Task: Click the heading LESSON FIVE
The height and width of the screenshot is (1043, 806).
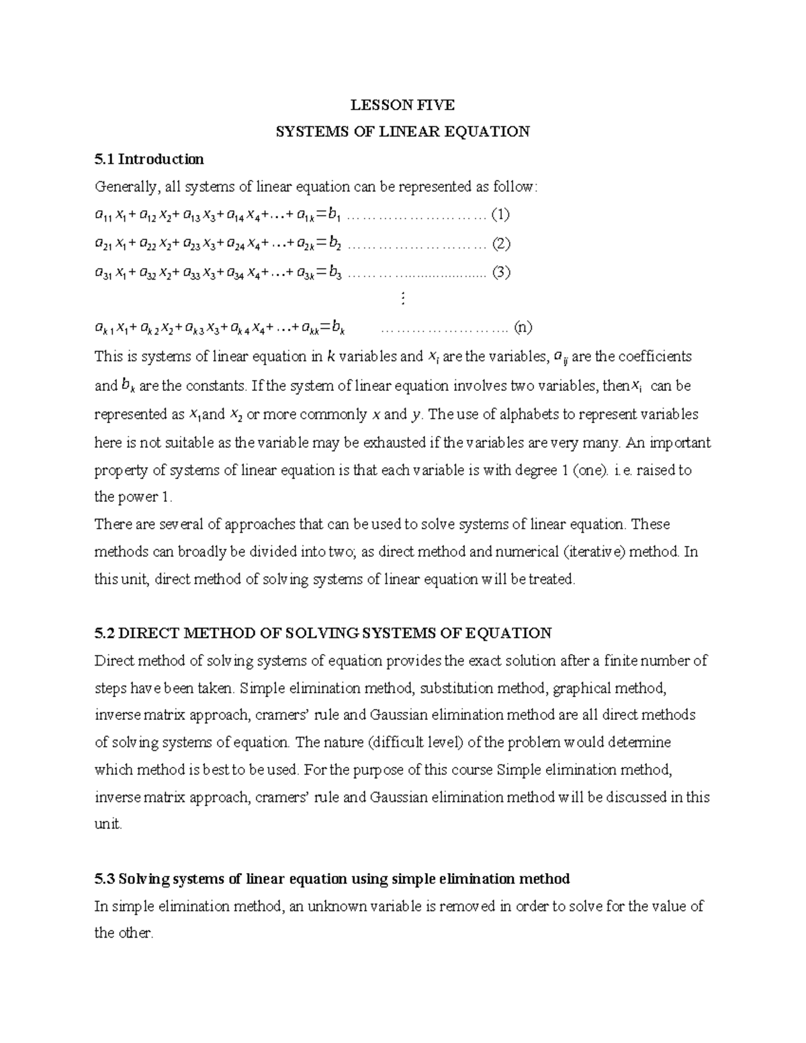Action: coord(403,105)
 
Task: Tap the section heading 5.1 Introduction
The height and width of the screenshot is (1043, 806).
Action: coord(149,159)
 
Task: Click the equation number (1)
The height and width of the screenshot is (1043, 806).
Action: coord(500,215)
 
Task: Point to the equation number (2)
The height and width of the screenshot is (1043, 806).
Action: coord(501,243)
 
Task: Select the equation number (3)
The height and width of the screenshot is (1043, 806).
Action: coord(501,272)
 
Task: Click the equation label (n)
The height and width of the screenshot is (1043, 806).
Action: coord(523,328)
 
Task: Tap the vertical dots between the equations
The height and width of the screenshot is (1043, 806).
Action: coord(402,299)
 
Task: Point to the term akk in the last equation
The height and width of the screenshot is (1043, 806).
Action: coord(310,328)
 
